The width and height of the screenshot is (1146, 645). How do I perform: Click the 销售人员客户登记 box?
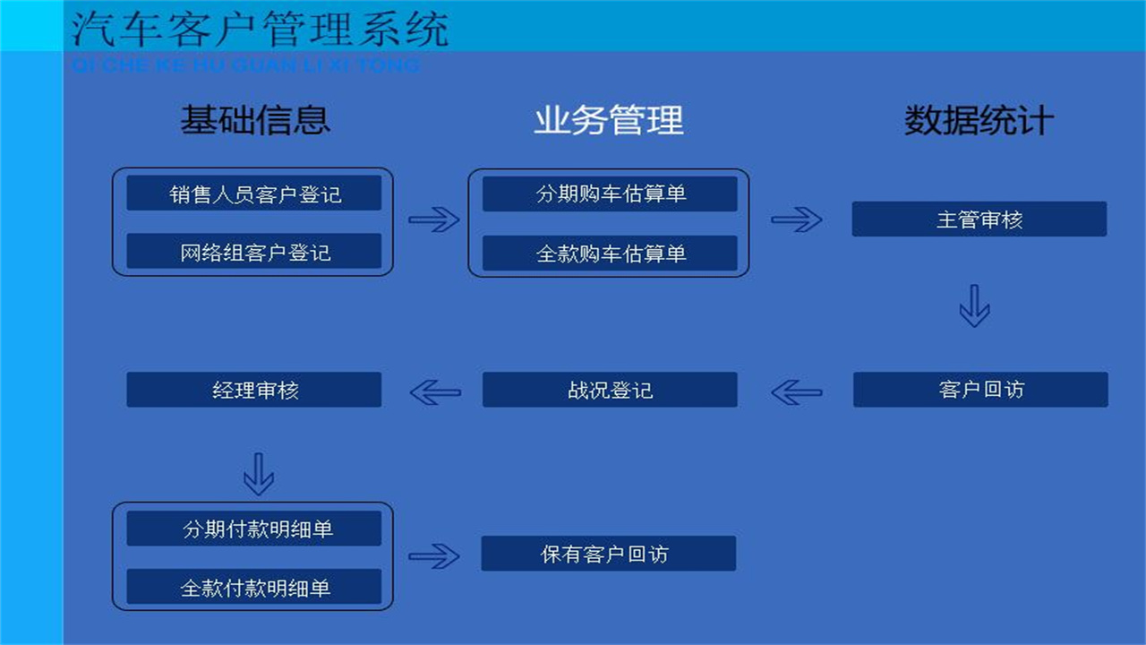(253, 193)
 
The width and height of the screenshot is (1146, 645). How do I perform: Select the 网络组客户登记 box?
(253, 252)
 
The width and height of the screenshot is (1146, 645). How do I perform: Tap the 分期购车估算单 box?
(610, 193)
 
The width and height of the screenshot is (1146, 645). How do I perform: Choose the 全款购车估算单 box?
(610, 254)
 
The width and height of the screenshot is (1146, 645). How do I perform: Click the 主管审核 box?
(979, 219)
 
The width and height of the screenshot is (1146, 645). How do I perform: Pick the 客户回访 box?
(980, 390)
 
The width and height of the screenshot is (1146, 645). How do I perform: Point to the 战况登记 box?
(610, 390)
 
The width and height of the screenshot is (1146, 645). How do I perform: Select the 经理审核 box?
(253, 390)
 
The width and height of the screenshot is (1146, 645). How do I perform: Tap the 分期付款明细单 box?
(253, 529)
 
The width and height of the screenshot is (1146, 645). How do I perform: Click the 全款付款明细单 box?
(253, 587)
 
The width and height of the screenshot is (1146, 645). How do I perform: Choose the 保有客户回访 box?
(608, 554)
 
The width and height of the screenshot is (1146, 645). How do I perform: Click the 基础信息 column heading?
(255, 120)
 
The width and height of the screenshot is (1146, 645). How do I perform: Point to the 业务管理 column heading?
(609, 120)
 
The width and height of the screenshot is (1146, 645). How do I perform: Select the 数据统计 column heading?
(979, 120)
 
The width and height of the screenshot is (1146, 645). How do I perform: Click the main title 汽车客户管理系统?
(260, 29)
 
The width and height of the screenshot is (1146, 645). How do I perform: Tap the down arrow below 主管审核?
(974, 305)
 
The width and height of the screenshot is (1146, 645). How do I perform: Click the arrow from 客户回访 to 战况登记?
(797, 391)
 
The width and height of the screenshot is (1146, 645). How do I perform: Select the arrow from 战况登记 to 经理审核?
(435, 391)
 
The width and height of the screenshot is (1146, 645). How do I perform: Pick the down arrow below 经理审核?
(259, 474)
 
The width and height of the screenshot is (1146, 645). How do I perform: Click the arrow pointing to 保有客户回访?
(434, 555)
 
